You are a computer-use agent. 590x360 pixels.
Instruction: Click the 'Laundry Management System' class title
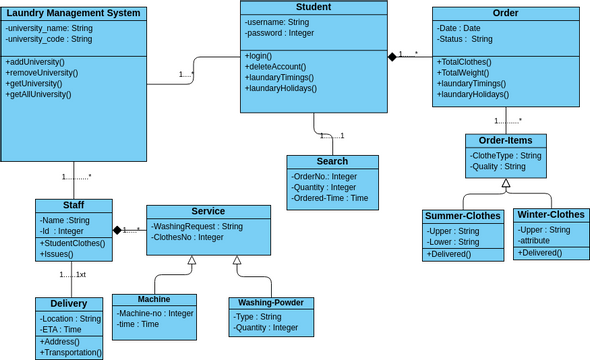tap(75, 13)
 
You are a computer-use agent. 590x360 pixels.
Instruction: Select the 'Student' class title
tap(314, 7)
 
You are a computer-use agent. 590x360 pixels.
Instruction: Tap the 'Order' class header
tap(505, 13)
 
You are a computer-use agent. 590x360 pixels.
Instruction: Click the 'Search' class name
tap(332, 161)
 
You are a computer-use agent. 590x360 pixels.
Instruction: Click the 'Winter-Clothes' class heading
tap(552, 214)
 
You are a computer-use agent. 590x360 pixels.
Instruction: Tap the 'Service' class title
tap(208, 211)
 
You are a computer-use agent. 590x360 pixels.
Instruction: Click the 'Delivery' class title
tap(68, 303)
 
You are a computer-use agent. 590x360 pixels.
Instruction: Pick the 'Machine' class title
tap(153, 299)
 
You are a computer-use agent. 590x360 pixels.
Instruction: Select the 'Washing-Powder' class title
tap(272, 303)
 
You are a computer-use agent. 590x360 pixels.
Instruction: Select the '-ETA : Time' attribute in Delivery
tap(62, 329)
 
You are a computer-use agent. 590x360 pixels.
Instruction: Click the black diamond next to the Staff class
tap(117, 231)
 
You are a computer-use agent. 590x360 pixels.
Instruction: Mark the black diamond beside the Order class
tap(393, 58)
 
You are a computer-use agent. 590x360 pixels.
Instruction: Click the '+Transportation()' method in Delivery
tap(71, 352)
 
